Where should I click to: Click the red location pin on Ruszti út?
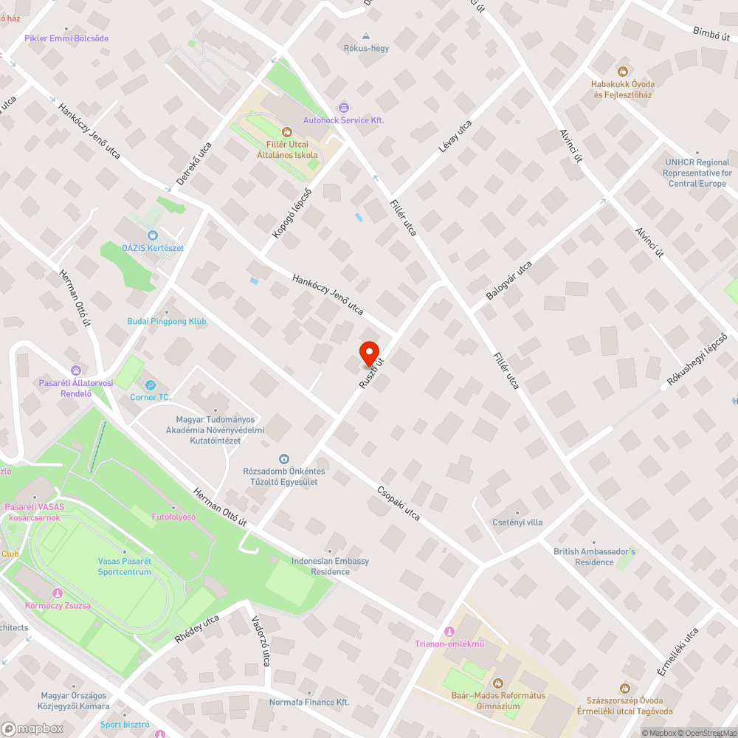368,351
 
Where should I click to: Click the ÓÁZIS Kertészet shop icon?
153,235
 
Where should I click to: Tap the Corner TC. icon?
151,384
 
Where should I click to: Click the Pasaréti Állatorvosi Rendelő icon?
75,370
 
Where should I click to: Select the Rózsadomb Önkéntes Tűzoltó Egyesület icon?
285,459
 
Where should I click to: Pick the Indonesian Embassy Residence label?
330,566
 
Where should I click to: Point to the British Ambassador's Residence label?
594,556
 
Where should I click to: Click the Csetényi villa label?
517,523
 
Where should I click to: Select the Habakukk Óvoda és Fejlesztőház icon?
622,72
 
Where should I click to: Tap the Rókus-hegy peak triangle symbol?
366,35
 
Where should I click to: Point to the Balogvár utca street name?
508,280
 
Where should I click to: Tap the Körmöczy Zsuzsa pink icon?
58,593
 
